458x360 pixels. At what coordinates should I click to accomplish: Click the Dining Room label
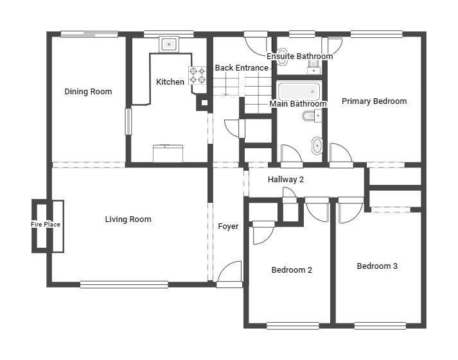click(88, 92)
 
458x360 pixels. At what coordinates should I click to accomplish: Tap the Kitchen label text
click(170, 81)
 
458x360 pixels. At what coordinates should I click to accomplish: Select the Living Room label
click(128, 219)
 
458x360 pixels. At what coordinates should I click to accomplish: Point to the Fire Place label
click(46, 225)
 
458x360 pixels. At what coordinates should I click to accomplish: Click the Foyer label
click(228, 227)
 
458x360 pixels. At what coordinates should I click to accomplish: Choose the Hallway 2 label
click(286, 180)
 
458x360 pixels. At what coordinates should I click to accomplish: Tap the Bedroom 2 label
click(292, 270)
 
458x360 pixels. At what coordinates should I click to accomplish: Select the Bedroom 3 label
click(377, 266)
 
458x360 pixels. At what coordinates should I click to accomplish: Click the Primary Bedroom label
click(374, 101)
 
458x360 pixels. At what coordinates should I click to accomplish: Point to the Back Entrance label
click(242, 68)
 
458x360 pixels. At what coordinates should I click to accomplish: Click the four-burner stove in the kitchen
click(197, 75)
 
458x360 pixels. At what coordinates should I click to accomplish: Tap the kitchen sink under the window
click(169, 44)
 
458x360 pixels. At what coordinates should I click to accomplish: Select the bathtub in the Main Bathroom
click(299, 91)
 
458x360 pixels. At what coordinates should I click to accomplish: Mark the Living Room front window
click(124, 284)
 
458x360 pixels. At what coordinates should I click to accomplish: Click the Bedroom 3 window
click(380, 325)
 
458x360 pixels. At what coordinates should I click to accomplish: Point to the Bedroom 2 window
click(293, 325)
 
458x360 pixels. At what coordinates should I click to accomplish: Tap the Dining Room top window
click(89, 34)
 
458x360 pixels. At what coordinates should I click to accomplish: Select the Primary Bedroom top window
click(376, 35)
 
